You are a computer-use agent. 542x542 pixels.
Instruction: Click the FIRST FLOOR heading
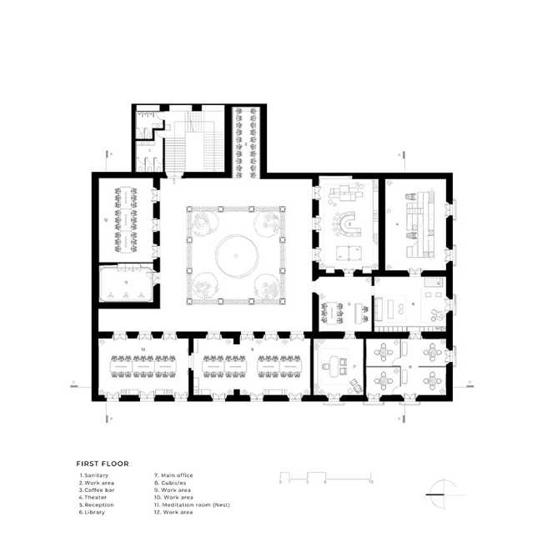click(x=103, y=464)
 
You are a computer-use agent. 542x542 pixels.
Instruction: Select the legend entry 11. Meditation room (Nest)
click(x=191, y=504)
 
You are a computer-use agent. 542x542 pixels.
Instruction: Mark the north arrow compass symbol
click(x=440, y=493)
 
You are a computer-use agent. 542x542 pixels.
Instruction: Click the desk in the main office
click(x=335, y=364)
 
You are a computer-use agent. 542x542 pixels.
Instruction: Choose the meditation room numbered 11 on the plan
click(x=126, y=287)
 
